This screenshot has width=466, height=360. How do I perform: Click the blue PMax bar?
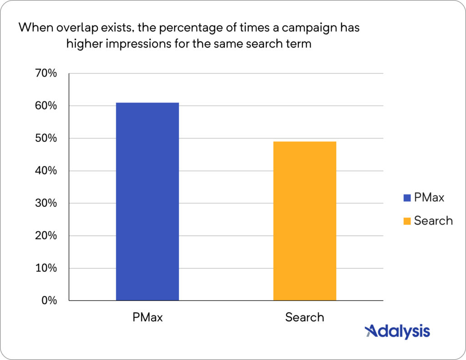pos(147,202)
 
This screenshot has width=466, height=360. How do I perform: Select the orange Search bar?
pos(304,221)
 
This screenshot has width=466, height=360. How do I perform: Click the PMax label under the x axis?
pos(147,317)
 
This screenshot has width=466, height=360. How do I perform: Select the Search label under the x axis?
pos(304,317)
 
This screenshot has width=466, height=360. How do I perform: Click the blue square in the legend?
pos(407,198)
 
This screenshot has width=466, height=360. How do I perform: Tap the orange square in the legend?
pos(407,221)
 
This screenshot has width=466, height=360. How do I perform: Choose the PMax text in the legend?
pos(429,198)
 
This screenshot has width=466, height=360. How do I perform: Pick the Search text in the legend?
pos(433,221)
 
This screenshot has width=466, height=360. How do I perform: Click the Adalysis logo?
pos(397,331)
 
